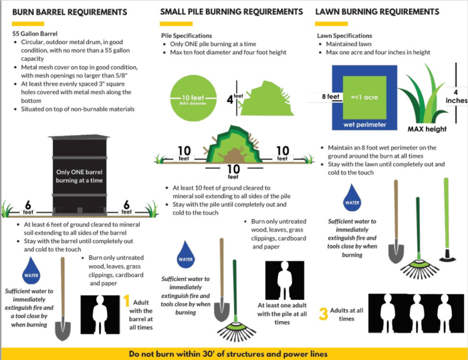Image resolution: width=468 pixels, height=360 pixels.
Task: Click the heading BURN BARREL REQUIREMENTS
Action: pyautogui.click(x=70, y=12)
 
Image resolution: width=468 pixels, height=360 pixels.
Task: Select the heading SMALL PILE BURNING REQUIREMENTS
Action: pyautogui.click(x=231, y=12)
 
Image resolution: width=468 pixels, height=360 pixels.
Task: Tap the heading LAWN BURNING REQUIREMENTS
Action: pyautogui.click(x=378, y=12)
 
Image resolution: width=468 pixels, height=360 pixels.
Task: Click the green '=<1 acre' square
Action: pyautogui.click(x=366, y=97)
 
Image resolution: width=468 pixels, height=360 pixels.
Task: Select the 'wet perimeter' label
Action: pyautogui.click(x=366, y=124)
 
